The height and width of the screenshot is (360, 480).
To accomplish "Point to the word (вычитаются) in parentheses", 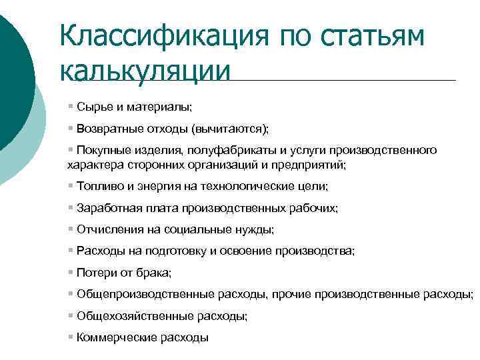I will pos(231,128).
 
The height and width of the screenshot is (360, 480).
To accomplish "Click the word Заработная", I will pos(105,208).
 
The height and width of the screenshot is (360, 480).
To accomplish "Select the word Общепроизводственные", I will pos(134,294).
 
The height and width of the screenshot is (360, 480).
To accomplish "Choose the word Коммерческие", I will pos(109,337).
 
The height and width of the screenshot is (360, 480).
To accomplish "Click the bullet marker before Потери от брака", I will pos(71,272).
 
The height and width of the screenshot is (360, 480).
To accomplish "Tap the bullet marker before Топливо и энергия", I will pos(71,186).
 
